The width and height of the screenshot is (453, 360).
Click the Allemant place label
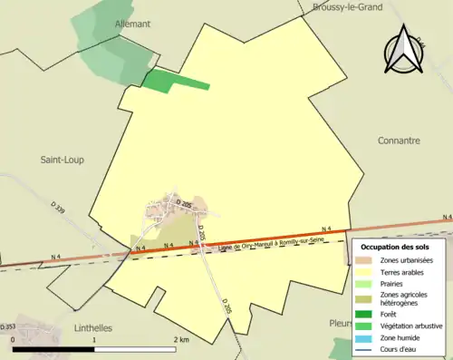click(x=132, y=23)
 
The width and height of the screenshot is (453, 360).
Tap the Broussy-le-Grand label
click(x=347, y=6)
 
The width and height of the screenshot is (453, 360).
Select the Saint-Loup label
click(x=63, y=160)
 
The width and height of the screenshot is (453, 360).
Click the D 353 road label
click(x=8, y=326)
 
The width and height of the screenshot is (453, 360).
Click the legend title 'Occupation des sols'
click(x=395, y=247)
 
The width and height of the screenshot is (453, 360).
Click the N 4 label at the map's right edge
click(x=446, y=218)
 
